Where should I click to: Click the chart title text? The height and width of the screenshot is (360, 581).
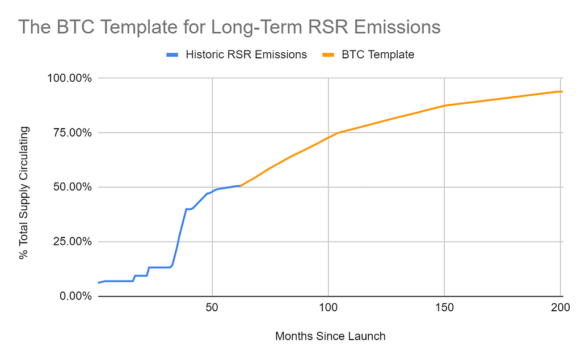230,27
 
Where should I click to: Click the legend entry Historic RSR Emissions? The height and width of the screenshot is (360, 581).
246,54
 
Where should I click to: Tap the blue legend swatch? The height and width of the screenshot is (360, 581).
172,55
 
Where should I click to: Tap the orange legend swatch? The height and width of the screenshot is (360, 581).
329,55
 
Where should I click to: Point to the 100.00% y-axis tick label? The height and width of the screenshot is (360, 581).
66,78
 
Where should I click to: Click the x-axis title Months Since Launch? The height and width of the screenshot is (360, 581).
330,336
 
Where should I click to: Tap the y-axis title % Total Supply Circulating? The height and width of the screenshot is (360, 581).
24,193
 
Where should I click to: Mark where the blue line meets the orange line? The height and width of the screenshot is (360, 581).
240,185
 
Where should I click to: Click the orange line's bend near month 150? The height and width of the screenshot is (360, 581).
444,105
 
